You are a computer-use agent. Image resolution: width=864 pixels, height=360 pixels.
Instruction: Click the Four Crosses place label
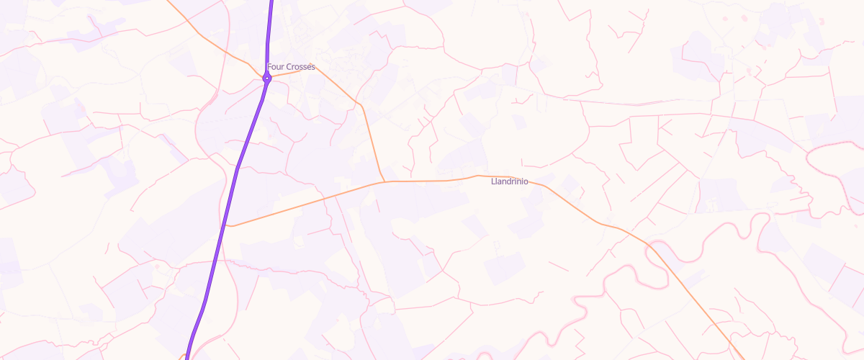(291, 67)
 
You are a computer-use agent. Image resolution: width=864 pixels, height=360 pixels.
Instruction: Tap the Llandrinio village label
(508, 181)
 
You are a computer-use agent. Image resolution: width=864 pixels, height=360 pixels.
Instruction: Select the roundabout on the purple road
(266, 78)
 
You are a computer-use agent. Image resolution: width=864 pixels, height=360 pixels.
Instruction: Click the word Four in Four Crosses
(276, 67)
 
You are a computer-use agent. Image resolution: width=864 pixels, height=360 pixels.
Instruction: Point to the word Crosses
(300, 67)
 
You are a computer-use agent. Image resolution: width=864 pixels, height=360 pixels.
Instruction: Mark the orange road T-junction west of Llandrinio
(384, 181)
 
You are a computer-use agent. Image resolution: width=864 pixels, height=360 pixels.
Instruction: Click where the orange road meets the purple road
(228, 225)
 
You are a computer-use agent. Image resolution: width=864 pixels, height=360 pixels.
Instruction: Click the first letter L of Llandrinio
(492, 181)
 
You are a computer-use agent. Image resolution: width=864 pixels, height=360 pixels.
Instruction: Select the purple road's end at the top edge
(272, 2)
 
